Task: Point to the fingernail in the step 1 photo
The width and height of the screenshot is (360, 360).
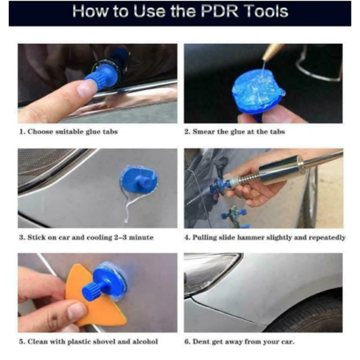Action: [87, 89]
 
